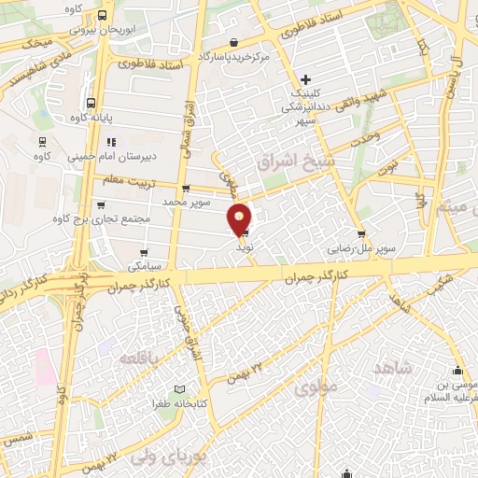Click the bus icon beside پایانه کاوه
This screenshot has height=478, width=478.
pos(90,104)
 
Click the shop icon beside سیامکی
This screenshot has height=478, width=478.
pos(143,251)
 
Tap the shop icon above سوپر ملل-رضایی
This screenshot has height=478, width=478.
pos(360,235)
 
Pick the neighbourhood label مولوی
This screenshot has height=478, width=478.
pos(314,387)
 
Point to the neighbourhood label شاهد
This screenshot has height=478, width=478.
pos(392,367)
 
